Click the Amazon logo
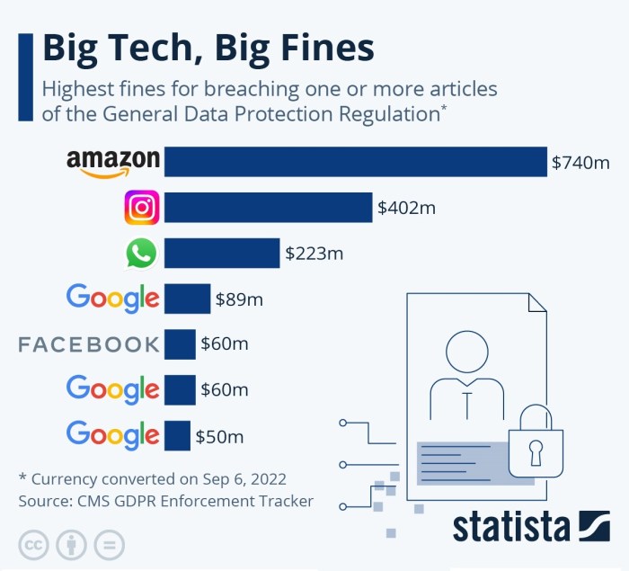113,162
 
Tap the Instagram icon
141,208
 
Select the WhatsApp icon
141,254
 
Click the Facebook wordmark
89,344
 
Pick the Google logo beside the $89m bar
113,299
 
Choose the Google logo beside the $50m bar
113,436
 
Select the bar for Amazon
355,162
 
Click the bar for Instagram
268,208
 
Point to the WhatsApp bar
222,254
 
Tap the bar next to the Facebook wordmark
180,344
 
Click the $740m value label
580,163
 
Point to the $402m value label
406,209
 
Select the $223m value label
314,254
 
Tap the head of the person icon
466,352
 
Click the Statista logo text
511,527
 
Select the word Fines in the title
314,49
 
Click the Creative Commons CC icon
33,545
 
